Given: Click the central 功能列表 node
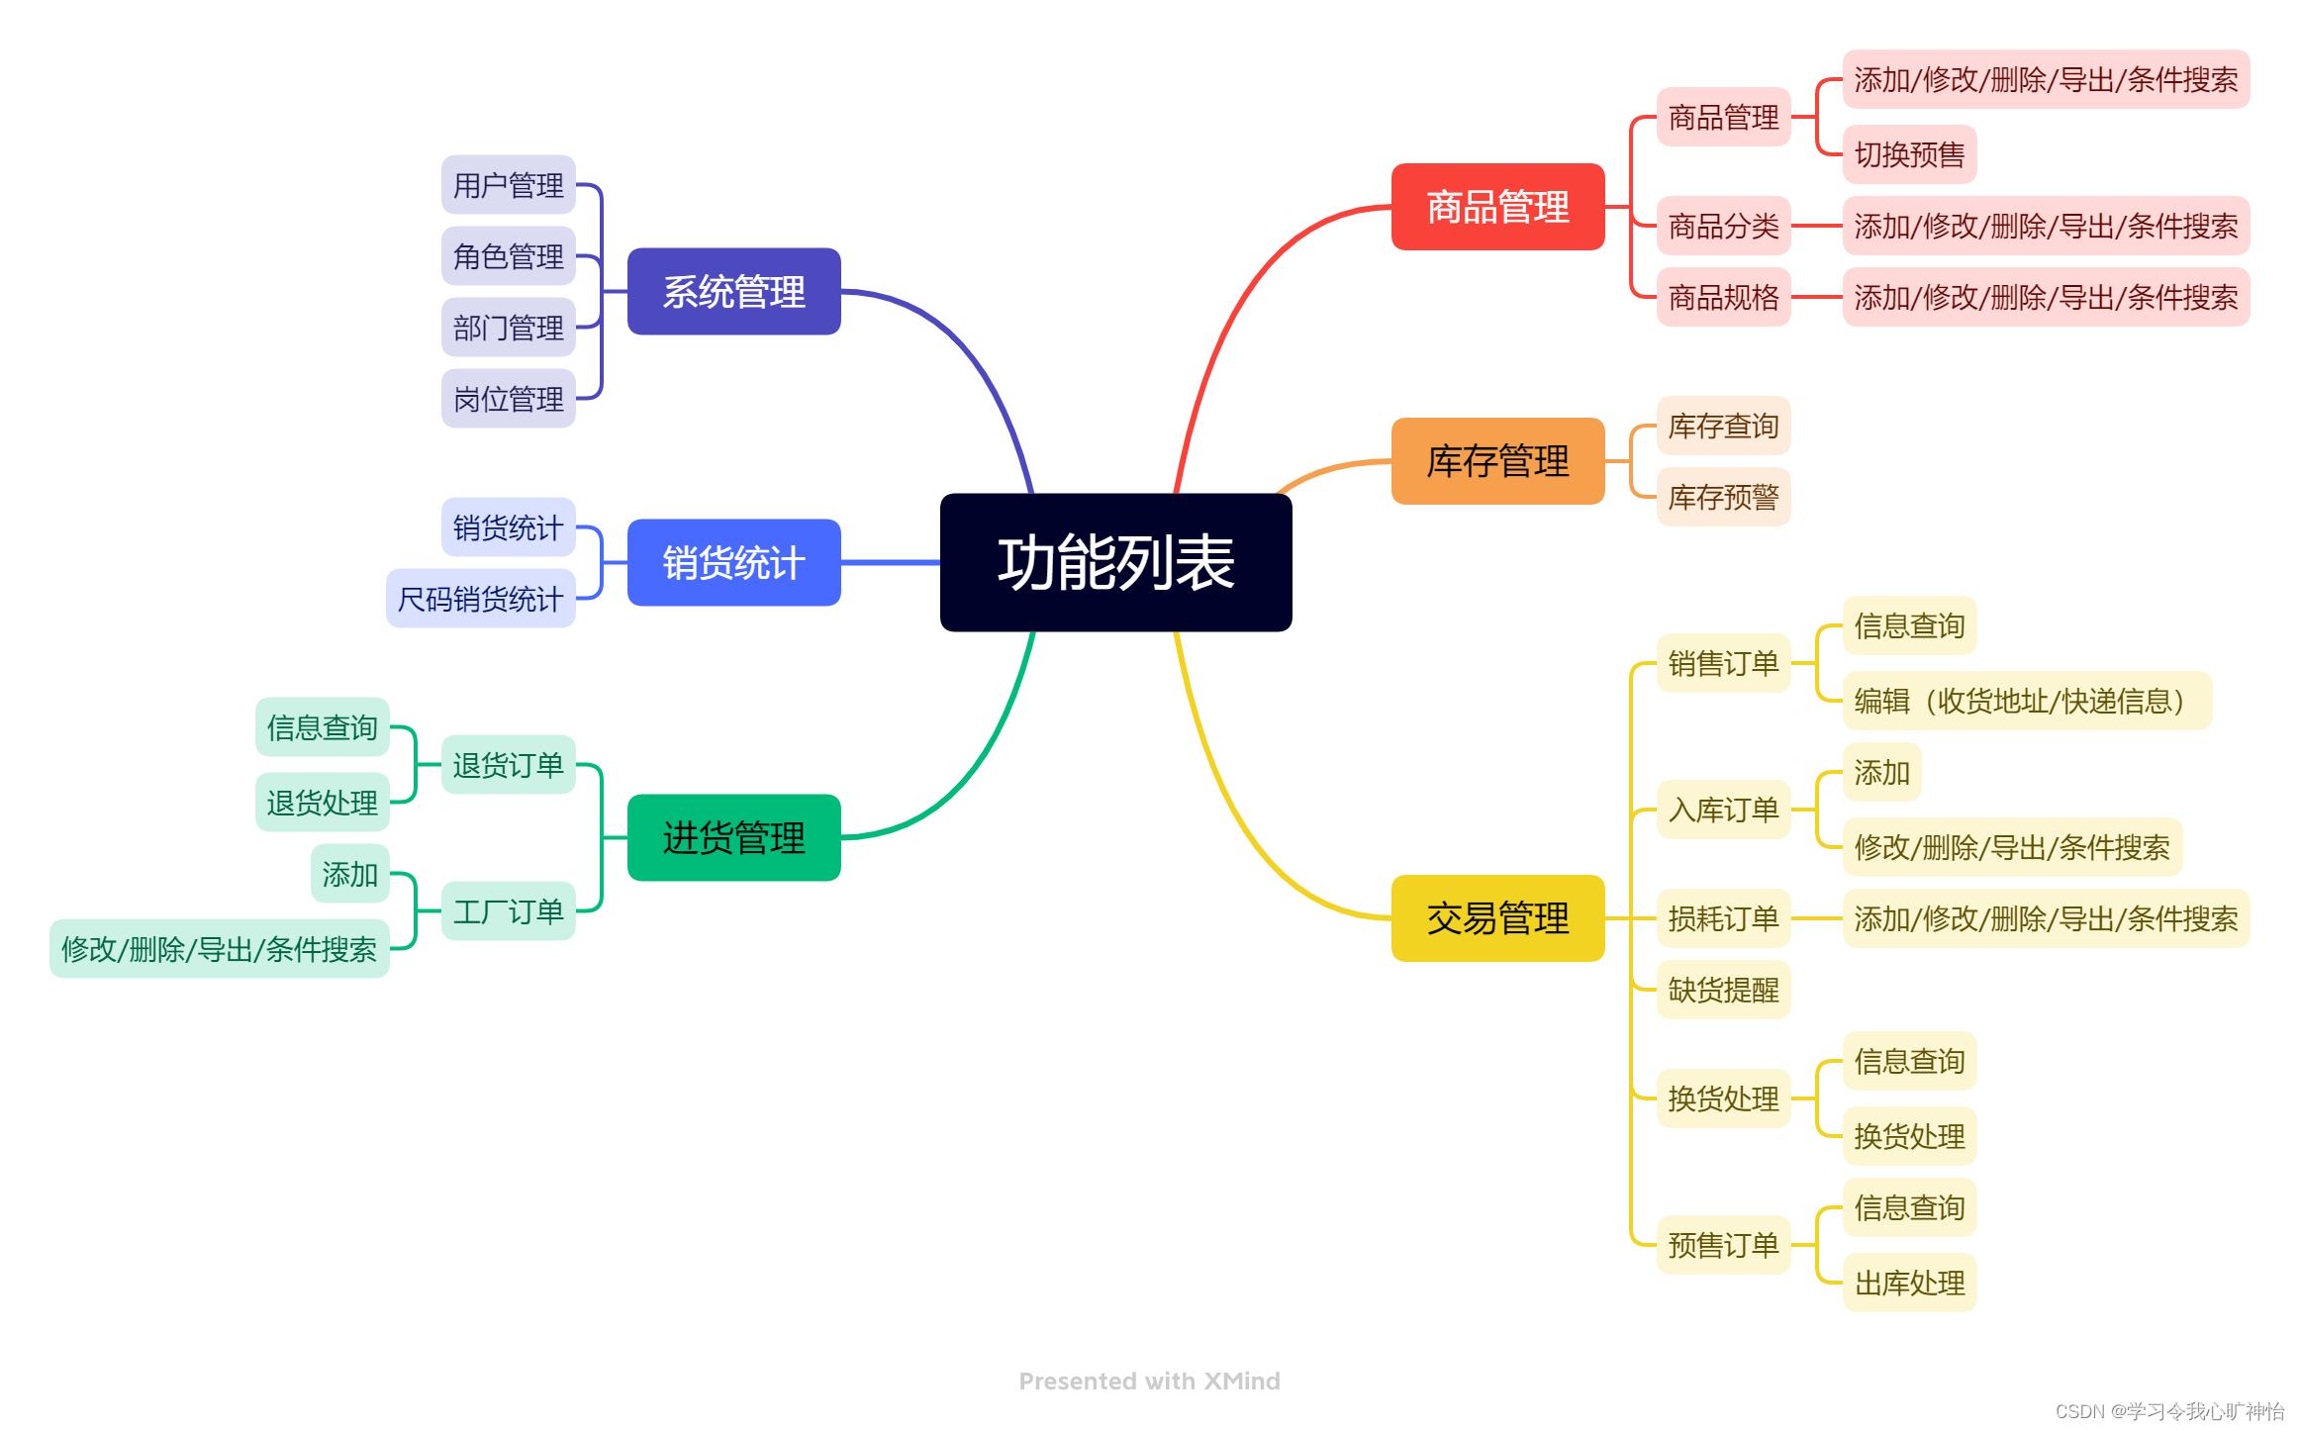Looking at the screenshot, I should [1115, 562].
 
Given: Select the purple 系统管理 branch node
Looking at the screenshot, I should [733, 292].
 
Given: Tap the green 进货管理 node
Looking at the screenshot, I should [733, 837].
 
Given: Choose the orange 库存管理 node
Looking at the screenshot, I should [1497, 461].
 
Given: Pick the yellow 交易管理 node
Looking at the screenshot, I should [1497, 918].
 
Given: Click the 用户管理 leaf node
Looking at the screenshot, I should [508, 185].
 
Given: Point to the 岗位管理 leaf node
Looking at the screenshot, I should [508, 399].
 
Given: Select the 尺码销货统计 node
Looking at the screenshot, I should [480, 599].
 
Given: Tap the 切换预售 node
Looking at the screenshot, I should [1909, 154].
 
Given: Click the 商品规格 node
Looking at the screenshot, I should [1723, 297].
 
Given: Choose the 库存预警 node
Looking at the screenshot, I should [1723, 497].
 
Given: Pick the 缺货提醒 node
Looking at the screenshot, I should [1723, 990].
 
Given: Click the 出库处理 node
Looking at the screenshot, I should [1909, 1284].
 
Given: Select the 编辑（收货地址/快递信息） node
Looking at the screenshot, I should [2026, 701].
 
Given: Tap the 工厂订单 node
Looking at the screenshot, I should [508, 911].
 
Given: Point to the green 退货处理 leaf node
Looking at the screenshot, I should [322, 803].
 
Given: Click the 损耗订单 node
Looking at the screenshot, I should [1723, 918].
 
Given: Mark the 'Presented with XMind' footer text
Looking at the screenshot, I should [1149, 1381].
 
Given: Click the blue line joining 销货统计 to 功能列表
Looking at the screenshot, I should [891, 562].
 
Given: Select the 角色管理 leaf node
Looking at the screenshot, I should [508, 256].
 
